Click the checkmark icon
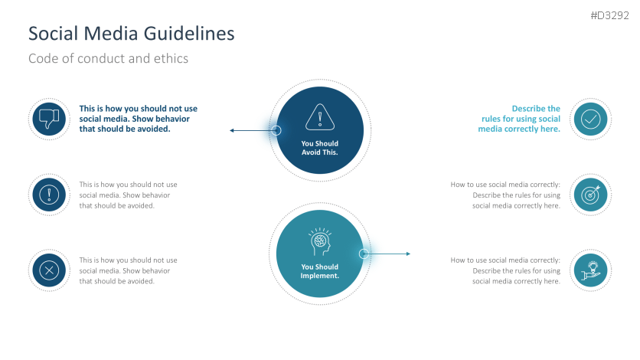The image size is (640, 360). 590,119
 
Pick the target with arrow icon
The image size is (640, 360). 590,195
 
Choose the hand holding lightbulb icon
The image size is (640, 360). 590,270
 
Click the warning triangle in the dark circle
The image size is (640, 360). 319,118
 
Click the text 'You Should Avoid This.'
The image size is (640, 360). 319,148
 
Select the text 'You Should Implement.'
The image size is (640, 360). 319,271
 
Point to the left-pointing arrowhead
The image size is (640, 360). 232,131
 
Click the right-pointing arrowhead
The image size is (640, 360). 408,254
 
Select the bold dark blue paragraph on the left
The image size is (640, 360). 135,119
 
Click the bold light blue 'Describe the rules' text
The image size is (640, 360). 521,119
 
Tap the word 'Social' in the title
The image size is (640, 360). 52,34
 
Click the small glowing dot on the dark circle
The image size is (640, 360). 277,131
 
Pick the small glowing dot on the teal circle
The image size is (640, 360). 364,254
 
